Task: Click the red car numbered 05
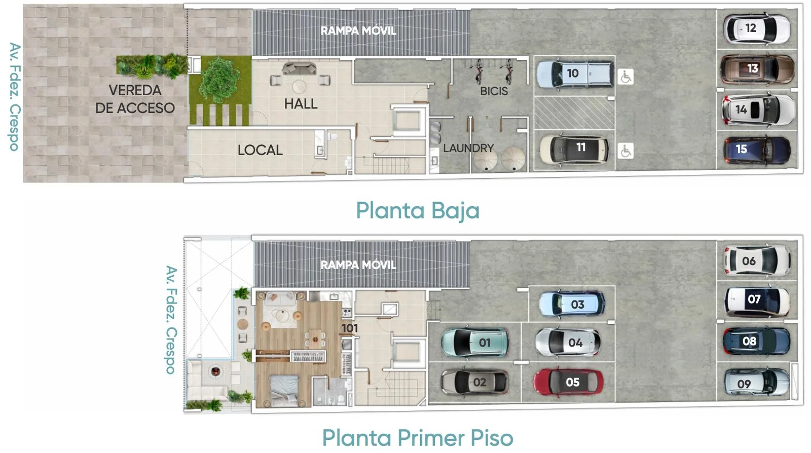pos(568,382)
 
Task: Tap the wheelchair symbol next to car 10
pos(625,77)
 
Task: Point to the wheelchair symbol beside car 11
pos(625,151)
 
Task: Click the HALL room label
pos(301,104)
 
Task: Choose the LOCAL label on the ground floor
pos(260,150)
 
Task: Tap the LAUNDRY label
pos(468,148)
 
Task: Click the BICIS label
pos(494,91)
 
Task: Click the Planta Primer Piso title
pos(418,437)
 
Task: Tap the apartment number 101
pos(350,328)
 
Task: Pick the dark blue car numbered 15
pos(757,150)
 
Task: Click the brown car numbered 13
pos(757,69)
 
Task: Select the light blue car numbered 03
pos(572,304)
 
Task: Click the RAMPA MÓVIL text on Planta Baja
pos(358,31)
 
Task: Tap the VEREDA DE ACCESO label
pos(135,99)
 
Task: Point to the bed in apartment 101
pos(284,391)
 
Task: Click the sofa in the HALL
pos(300,68)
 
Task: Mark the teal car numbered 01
pos(474,342)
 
